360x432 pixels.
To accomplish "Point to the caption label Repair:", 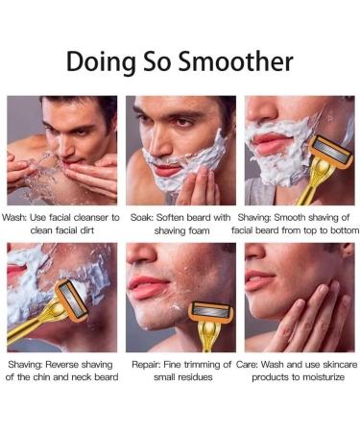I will (146, 365).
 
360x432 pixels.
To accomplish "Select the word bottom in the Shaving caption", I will (341, 230).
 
